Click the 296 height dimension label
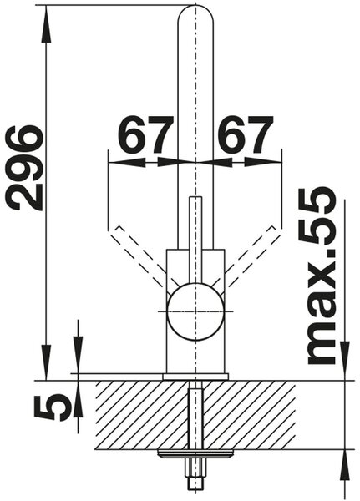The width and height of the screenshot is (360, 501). pos(25,168)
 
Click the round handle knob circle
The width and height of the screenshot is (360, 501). pos(195,311)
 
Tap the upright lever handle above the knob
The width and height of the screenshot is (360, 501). pos(195,240)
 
